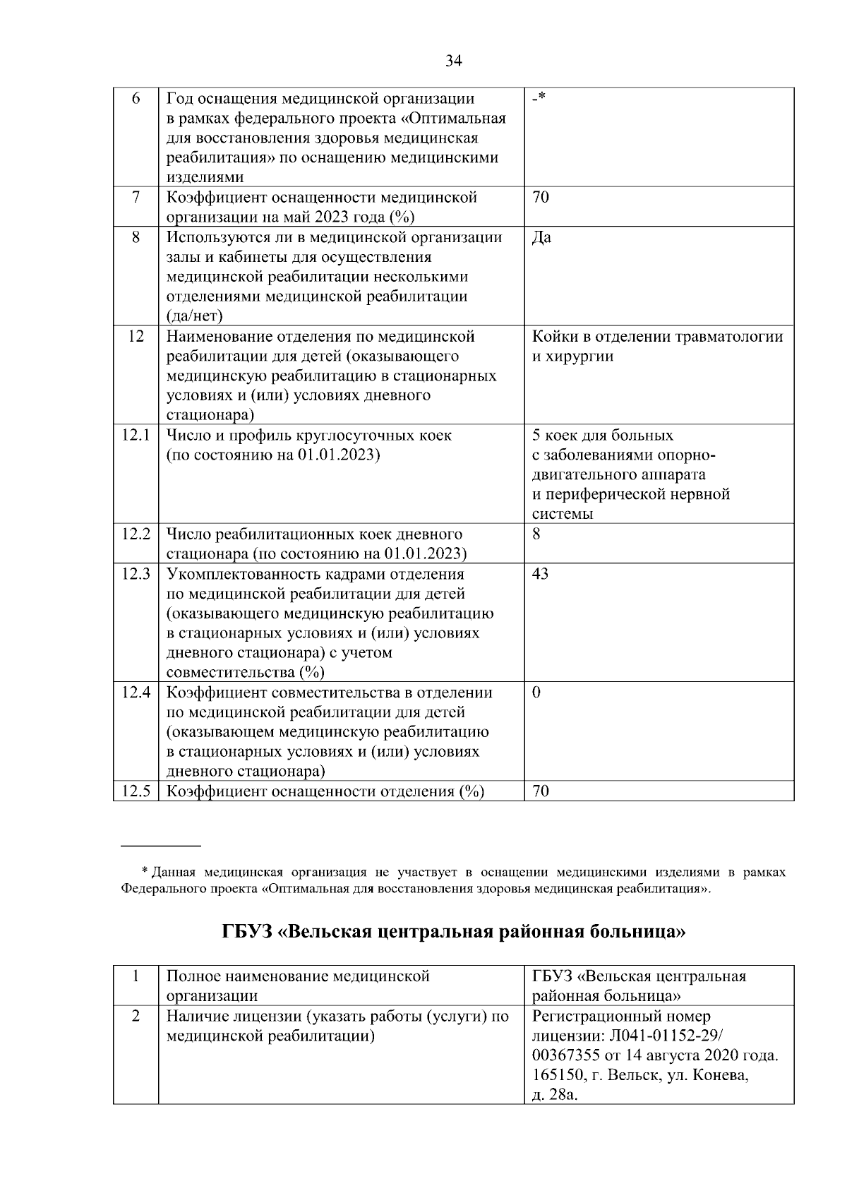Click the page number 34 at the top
click(x=454, y=61)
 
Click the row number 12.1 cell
click(x=136, y=436)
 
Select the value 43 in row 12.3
click(x=540, y=574)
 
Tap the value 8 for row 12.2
click(x=536, y=534)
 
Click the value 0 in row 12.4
click(x=536, y=693)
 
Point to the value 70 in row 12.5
click(x=540, y=791)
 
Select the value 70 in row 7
click(x=540, y=198)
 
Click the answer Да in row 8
click(x=541, y=237)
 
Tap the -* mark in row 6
click(x=539, y=98)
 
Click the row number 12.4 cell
click(x=136, y=693)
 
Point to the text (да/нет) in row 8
click(x=194, y=316)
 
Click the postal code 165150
click(x=558, y=1076)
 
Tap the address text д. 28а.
click(x=555, y=1096)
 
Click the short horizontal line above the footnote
click(x=161, y=845)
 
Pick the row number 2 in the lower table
click(x=136, y=1017)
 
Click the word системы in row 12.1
click(x=563, y=514)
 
